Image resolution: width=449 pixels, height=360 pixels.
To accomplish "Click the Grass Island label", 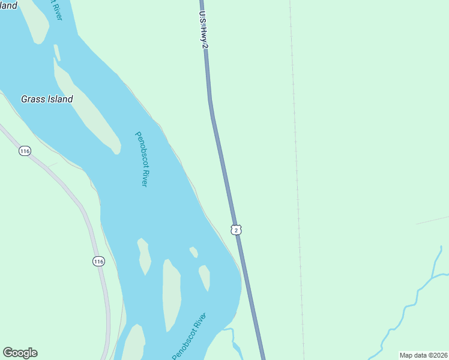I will click(x=47, y=99).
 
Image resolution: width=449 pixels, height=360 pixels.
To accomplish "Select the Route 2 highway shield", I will click(x=237, y=230).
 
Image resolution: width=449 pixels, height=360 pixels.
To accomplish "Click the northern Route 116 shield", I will click(x=24, y=151).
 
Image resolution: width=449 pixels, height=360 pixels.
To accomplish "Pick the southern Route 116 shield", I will click(x=98, y=261).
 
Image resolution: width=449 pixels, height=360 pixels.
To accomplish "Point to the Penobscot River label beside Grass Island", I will click(x=140, y=159).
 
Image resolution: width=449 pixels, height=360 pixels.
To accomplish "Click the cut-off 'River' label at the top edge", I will click(x=59, y=11).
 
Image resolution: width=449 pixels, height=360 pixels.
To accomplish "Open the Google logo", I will click(x=20, y=353).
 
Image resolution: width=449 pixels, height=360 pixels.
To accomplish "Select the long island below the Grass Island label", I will click(x=87, y=111).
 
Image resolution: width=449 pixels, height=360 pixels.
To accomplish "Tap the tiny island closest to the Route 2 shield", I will click(x=193, y=252).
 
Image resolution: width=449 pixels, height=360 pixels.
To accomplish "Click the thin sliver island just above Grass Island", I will click(x=57, y=52).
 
